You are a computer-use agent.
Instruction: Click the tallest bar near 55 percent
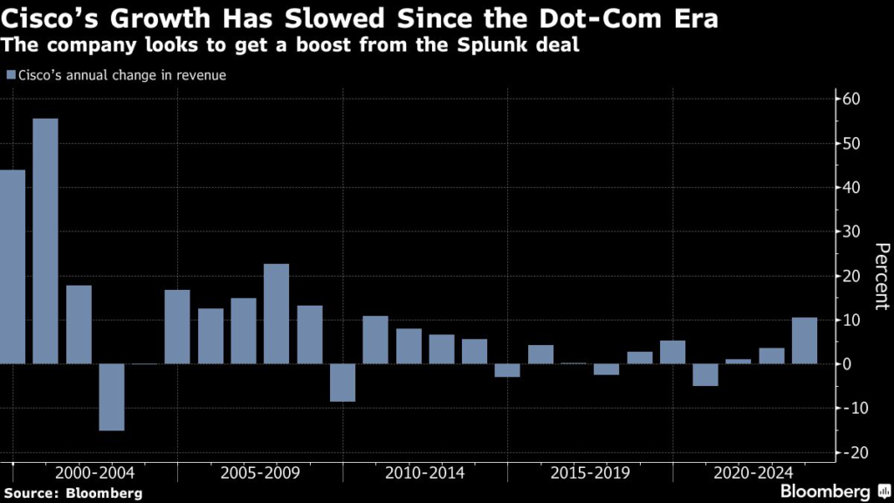point(45,240)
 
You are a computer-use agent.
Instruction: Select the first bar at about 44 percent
point(12,266)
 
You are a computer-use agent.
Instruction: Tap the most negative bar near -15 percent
point(112,396)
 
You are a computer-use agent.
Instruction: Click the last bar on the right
point(804,341)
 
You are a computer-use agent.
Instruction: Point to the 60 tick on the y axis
point(852,100)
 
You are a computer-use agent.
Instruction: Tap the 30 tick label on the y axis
point(852,231)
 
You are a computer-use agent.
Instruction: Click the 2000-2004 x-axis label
point(95,472)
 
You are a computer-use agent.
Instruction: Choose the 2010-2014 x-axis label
point(425,472)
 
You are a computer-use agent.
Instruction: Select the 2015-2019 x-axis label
point(590,472)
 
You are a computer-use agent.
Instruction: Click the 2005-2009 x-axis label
point(260,472)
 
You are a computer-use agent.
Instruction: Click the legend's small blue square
point(10,75)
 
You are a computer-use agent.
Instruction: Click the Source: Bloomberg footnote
point(72,493)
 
